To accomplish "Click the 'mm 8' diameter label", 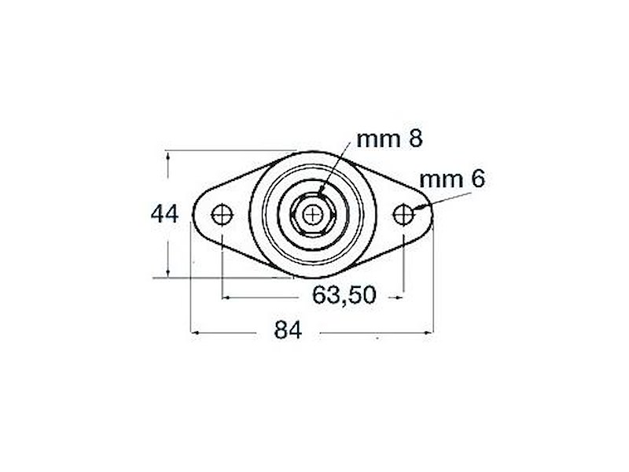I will click(x=390, y=139).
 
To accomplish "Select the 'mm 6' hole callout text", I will click(x=451, y=179).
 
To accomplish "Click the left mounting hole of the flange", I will click(x=223, y=214).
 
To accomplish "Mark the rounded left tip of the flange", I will click(x=195, y=214).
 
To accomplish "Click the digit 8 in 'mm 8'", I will click(x=415, y=139).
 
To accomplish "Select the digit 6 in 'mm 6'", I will click(x=476, y=179).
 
